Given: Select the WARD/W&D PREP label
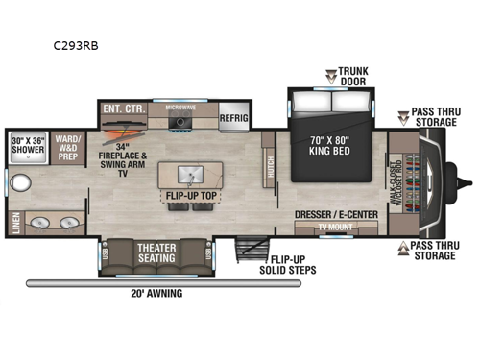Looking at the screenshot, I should (x=68, y=144).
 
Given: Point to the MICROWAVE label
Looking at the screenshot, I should (x=180, y=108).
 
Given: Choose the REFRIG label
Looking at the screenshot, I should (x=233, y=117).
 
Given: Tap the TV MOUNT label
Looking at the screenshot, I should (x=334, y=227).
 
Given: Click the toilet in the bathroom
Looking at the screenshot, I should (x=18, y=181).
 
